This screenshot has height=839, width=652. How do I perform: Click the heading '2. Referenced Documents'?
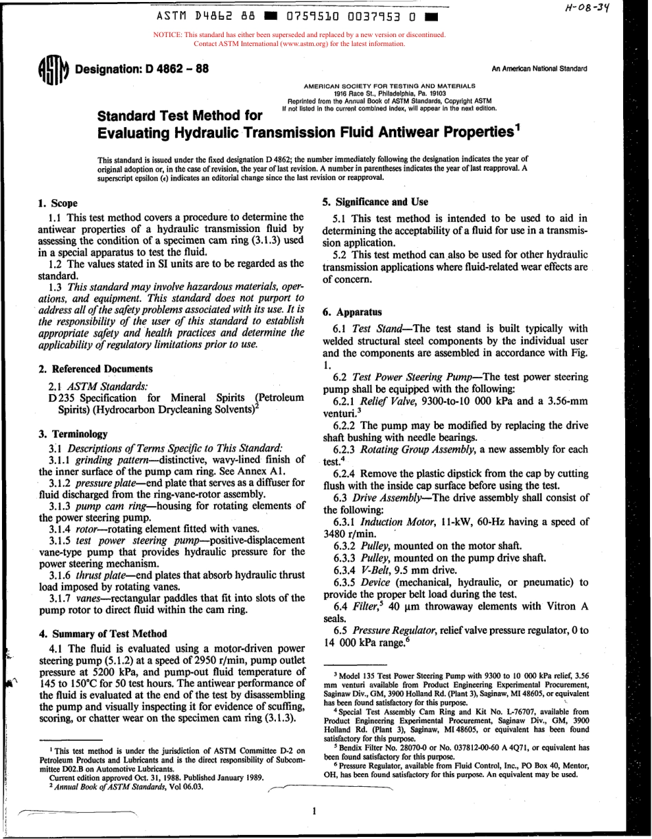(x=96, y=369)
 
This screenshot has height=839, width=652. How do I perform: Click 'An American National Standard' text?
(x=539, y=70)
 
